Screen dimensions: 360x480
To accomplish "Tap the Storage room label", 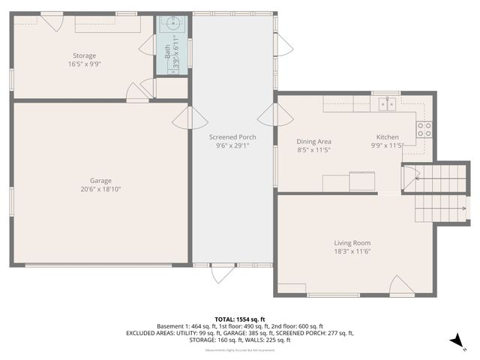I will coord(84,55).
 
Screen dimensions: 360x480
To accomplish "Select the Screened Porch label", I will coord(232,137).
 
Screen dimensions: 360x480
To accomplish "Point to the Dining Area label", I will coord(314,141).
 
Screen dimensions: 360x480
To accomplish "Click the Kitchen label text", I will coord(388,137).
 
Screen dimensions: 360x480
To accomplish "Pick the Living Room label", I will coord(352,243).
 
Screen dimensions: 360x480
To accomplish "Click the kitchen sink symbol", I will coord(387,103).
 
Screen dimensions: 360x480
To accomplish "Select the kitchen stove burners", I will coord(424,129).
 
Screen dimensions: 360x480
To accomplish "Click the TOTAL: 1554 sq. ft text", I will coord(240,319).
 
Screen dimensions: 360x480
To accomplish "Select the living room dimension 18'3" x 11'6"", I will coord(352,252).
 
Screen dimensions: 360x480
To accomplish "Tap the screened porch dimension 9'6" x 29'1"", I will coord(232,146).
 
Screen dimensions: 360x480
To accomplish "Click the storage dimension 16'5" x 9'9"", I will coord(84,64).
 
